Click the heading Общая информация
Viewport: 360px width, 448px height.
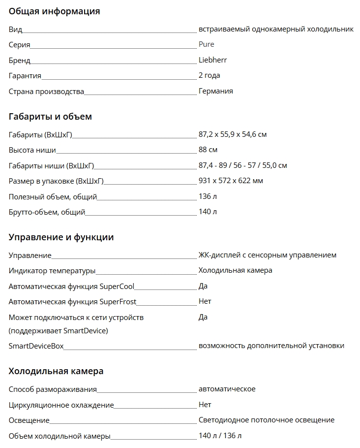pyautogui.click(x=54, y=11)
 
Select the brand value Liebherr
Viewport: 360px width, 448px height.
pyautogui.click(x=212, y=60)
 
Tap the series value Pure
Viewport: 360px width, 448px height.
pyautogui.click(x=207, y=44)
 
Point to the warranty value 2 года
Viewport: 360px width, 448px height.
pyautogui.click(x=209, y=75)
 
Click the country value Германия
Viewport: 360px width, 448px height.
pyautogui.click(x=215, y=91)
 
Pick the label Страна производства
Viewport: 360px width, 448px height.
pyautogui.click(x=46, y=92)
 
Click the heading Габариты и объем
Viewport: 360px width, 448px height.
pyautogui.click(x=50, y=117)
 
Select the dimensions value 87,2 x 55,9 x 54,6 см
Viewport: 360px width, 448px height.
pyautogui.click(x=233, y=134)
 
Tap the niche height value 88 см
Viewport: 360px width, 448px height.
pyautogui.click(x=208, y=150)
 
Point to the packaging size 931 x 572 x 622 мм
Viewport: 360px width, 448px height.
pyautogui.click(x=231, y=181)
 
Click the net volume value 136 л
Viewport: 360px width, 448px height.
pyautogui.click(x=208, y=196)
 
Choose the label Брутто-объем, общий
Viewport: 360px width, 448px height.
pyautogui.click(x=47, y=212)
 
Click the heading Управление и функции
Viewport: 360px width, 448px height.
pyautogui.click(x=61, y=237)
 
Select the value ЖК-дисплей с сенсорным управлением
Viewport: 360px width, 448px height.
pyautogui.click(x=267, y=255)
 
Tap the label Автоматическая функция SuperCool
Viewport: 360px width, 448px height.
pyautogui.click(x=71, y=287)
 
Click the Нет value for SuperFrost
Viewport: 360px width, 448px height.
pyautogui.click(x=205, y=301)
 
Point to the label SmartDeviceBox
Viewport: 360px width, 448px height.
pyautogui.click(x=36, y=346)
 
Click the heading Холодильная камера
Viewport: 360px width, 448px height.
pyautogui.click(x=56, y=371)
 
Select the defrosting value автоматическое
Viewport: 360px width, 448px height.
pyautogui.click(x=227, y=389)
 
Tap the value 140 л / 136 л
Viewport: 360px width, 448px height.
pyautogui.click(x=220, y=436)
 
